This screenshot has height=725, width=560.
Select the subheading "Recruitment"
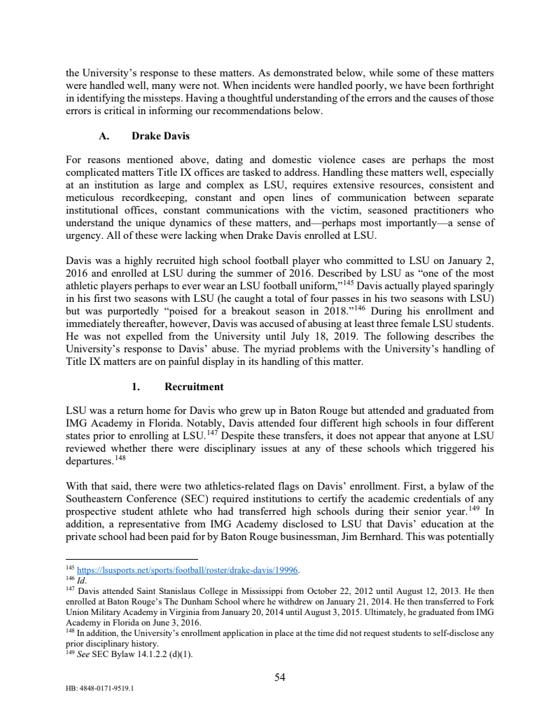pos(194,387)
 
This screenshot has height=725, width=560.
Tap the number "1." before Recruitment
pos(137,387)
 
